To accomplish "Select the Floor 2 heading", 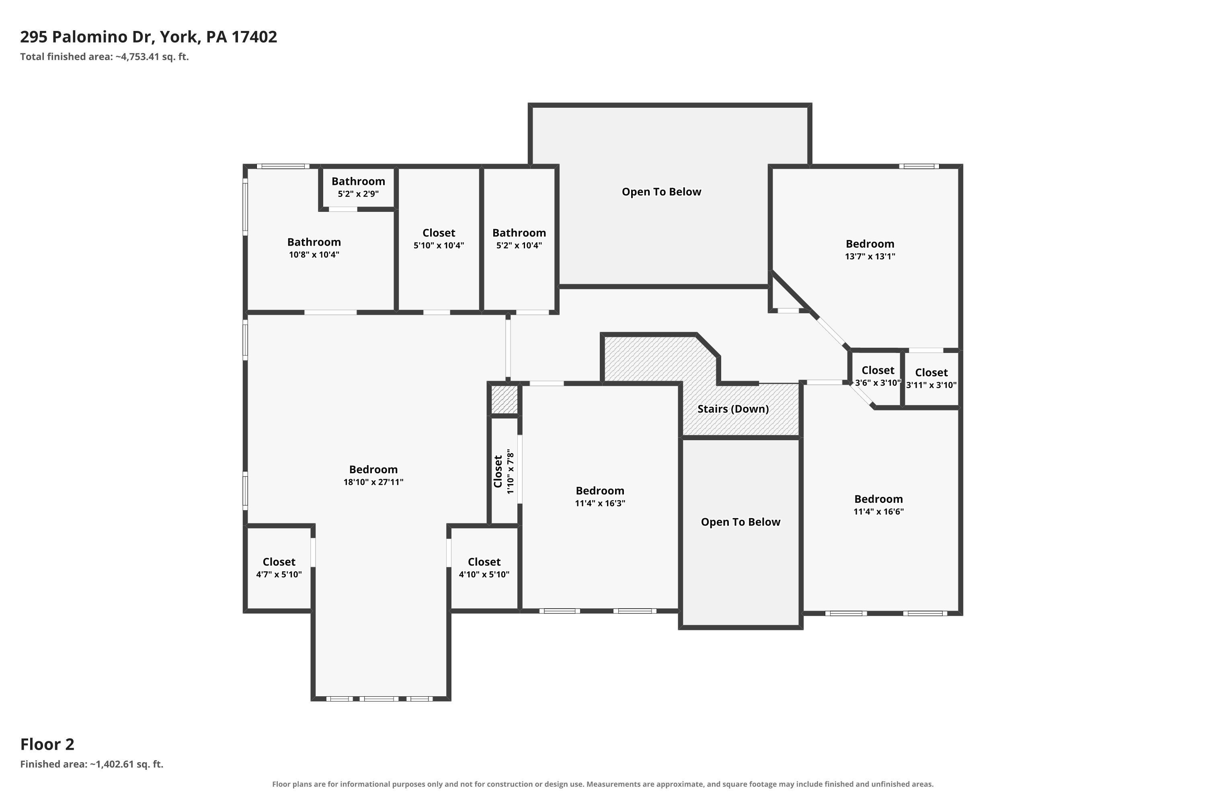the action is click(x=47, y=744).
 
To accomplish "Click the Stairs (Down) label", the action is click(x=733, y=409).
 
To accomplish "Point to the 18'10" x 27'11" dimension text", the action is click(x=373, y=482).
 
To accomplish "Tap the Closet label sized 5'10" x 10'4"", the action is click(x=439, y=233).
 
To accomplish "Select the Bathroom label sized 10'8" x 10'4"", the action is click(x=314, y=242).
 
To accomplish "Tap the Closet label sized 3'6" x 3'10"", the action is click(x=878, y=370).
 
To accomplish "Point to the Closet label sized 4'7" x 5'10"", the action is click(x=279, y=562).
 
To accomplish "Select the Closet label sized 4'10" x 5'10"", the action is click(x=484, y=562).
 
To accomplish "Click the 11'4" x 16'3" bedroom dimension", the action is click(x=600, y=504).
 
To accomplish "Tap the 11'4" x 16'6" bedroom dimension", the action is click(x=878, y=512).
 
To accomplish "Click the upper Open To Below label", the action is click(x=661, y=192).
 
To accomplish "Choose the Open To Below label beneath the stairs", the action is click(x=740, y=522).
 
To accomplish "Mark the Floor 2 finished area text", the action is click(x=92, y=765).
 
